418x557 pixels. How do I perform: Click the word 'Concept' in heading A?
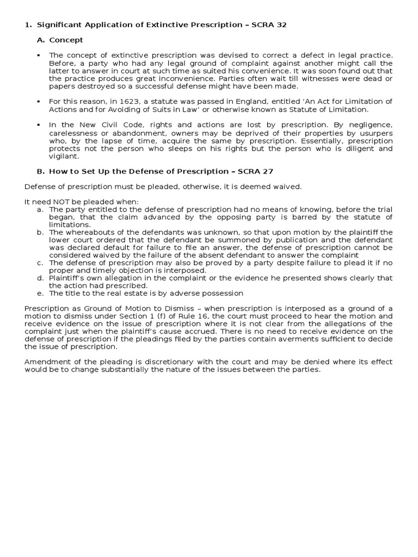(x=66, y=40)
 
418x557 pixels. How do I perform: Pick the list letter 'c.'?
(x=40, y=263)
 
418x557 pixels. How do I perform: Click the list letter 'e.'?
(x=40, y=293)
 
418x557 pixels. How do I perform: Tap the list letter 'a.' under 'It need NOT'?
(x=40, y=209)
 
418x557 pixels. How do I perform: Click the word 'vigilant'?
(x=64, y=156)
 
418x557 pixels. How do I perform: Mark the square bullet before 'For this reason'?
(x=39, y=102)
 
